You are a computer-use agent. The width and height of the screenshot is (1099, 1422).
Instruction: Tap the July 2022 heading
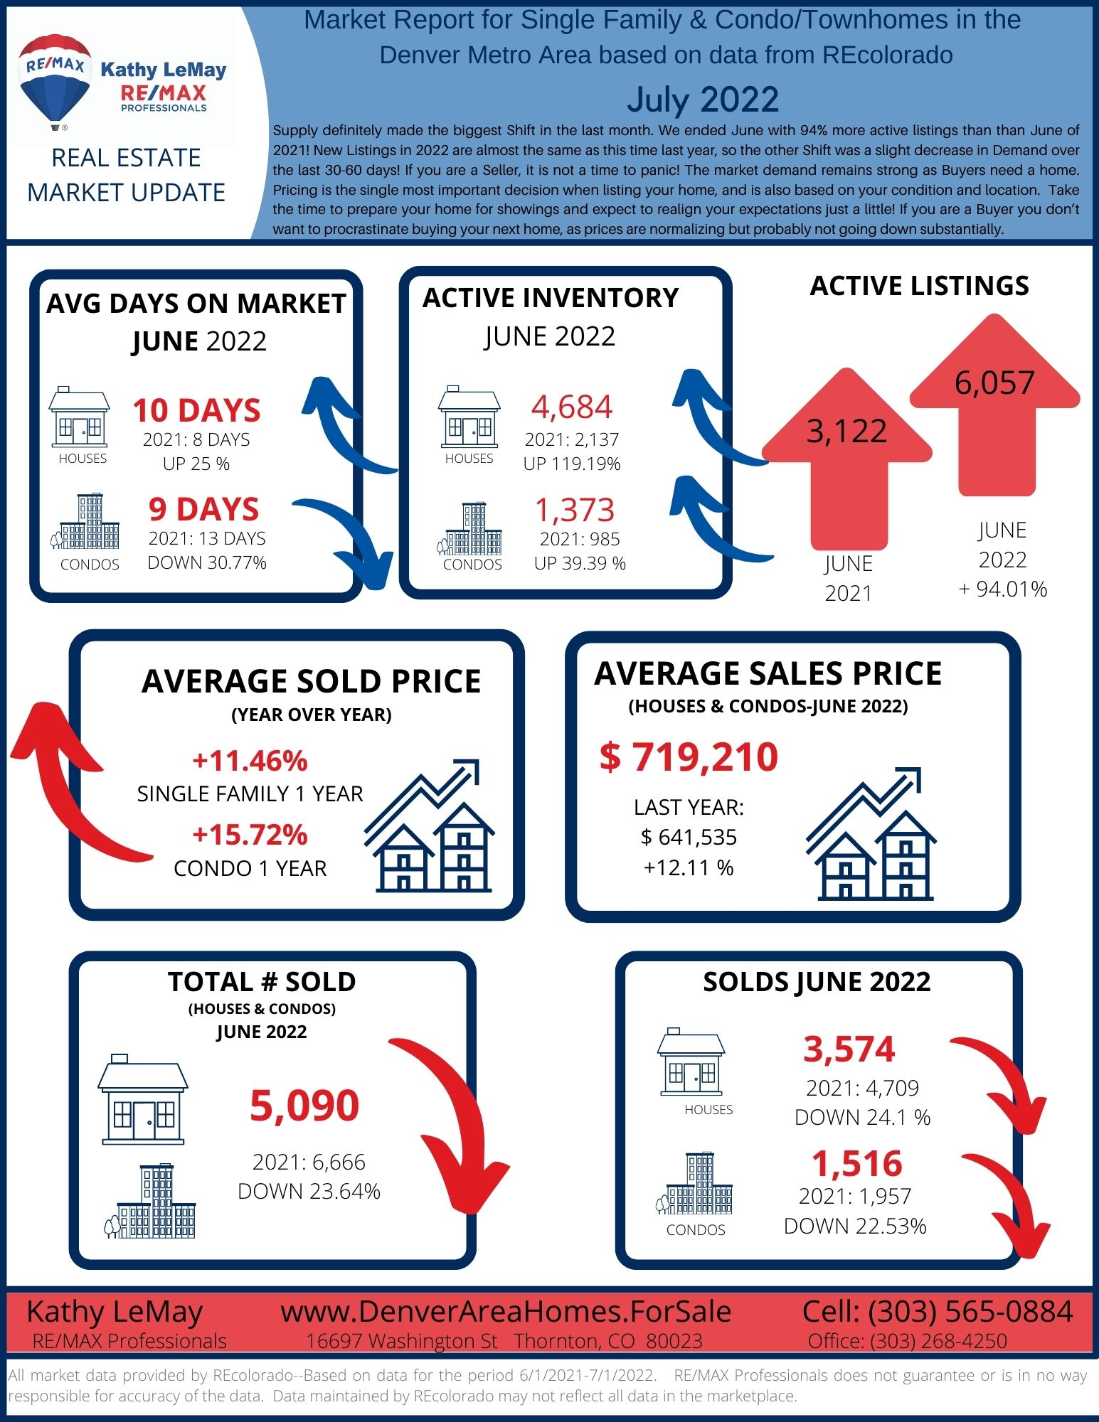(x=703, y=99)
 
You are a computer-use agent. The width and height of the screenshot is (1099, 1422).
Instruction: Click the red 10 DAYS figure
(x=197, y=410)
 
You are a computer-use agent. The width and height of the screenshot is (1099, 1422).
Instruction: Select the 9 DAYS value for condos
(x=204, y=509)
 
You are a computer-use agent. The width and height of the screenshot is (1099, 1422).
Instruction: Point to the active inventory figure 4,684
(x=572, y=407)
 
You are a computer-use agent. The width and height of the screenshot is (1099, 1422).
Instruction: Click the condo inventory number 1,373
(x=575, y=510)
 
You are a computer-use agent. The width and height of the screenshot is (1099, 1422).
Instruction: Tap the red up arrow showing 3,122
(x=847, y=459)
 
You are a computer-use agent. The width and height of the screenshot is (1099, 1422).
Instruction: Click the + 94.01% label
(x=1003, y=589)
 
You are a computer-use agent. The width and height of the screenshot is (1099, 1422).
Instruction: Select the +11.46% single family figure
(x=250, y=761)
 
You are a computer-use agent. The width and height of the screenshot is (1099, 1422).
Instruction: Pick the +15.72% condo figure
(x=250, y=835)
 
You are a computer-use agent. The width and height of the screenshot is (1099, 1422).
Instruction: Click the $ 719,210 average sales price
(x=689, y=757)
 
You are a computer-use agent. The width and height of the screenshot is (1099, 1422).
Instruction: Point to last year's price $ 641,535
(x=689, y=837)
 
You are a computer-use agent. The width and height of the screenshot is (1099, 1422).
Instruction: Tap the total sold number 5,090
(x=304, y=1106)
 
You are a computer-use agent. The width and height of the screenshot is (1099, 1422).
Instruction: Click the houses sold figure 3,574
(x=849, y=1049)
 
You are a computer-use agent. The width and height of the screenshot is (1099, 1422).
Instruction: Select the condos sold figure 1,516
(x=857, y=1164)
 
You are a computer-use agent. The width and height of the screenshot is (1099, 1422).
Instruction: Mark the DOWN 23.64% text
(x=309, y=1191)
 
